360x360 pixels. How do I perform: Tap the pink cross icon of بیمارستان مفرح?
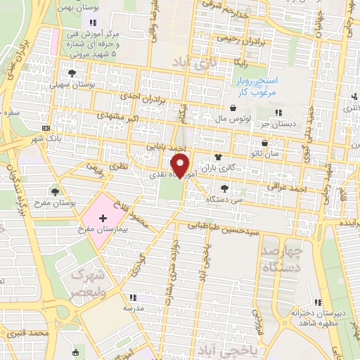[103, 219]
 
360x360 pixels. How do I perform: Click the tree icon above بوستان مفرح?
[56, 192]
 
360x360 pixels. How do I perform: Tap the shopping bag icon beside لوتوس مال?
[233, 108]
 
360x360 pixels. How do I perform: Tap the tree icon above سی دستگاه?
[224, 188]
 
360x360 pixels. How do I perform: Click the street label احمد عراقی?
[288, 186]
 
